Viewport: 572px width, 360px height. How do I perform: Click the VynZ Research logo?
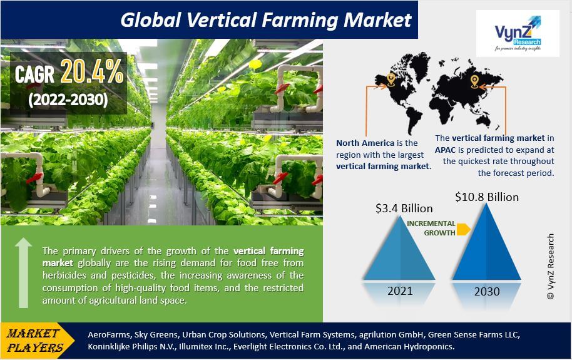tap(518, 33)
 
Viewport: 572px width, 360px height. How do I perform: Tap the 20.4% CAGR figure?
tap(92, 71)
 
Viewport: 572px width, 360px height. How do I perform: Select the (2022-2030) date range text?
tap(68, 100)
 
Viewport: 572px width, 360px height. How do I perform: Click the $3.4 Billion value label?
tap(404, 208)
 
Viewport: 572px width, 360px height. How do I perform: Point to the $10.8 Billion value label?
tap(487, 197)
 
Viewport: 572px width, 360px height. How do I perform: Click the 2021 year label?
tap(400, 291)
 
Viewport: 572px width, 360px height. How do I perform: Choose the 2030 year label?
tap(487, 291)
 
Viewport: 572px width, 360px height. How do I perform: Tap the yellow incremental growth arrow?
tap(463, 229)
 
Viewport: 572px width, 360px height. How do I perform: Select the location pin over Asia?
tap(474, 81)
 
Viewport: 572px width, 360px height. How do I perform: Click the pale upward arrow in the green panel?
tap(23, 272)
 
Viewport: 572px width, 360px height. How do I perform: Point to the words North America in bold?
tap(365, 143)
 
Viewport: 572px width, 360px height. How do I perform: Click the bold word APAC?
tap(445, 150)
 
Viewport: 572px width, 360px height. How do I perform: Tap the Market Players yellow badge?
tap(36, 341)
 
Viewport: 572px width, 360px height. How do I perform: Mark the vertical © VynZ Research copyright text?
tap(551, 267)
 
